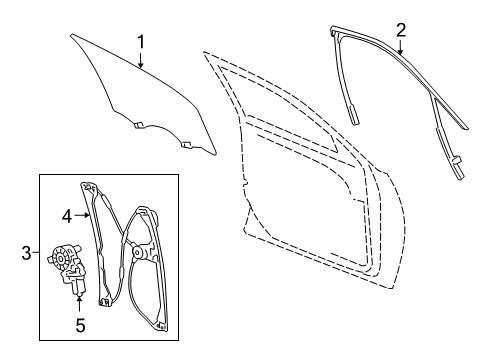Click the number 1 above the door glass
141,41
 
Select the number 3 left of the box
26,253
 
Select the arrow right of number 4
84,213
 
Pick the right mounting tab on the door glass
186,144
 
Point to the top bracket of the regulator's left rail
88,187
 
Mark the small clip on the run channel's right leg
454,159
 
